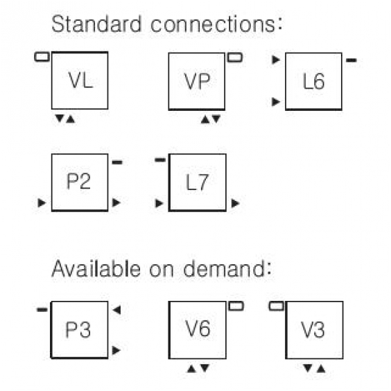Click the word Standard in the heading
click(x=96, y=24)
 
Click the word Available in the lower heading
click(x=96, y=268)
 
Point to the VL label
click(x=80, y=80)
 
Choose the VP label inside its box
click(x=197, y=81)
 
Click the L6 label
click(x=313, y=81)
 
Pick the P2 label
click(x=78, y=181)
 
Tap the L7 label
click(x=197, y=182)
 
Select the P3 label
click(x=78, y=329)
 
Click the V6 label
click(x=198, y=328)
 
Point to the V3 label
click(x=313, y=329)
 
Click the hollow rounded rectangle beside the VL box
click(x=42, y=57)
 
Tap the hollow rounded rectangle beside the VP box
click(x=235, y=58)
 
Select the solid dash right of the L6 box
click(x=351, y=60)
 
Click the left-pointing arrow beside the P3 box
click(x=116, y=310)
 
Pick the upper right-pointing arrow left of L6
click(x=276, y=60)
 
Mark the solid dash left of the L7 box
click(x=160, y=160)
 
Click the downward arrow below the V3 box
click(x=308, y=368)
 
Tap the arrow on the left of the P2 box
click(x=42, y=202)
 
